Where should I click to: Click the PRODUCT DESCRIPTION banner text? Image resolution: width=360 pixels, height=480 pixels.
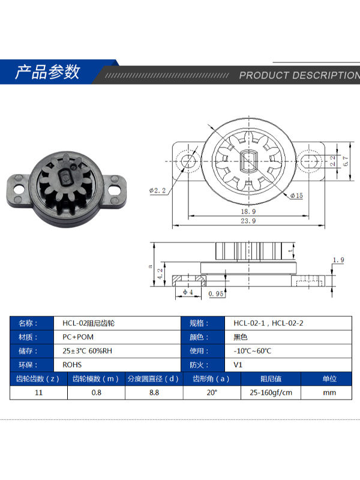click(x=299, y=76)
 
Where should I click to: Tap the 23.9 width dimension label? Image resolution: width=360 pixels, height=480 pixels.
click(x=248, y=221)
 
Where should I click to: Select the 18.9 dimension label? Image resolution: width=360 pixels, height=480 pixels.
click(x=248, y=212)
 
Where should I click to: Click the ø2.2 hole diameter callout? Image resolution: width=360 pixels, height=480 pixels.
click(x=157, y=191)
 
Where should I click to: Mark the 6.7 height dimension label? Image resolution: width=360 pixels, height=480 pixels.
click(x=345, y=161)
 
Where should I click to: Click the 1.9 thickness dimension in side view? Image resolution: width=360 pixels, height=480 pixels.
click(x=338, y=260)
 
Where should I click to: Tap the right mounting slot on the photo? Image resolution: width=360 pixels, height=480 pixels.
click(x=115, y=187)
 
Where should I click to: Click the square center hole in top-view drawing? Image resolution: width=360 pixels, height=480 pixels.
click(x=248, y=161)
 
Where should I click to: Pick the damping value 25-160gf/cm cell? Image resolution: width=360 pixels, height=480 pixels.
click(x=271, y=392)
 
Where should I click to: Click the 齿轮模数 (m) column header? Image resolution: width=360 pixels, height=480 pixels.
click(x=96, y=379)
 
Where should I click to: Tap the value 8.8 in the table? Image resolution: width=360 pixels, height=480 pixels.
click(x=154, y=392)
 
